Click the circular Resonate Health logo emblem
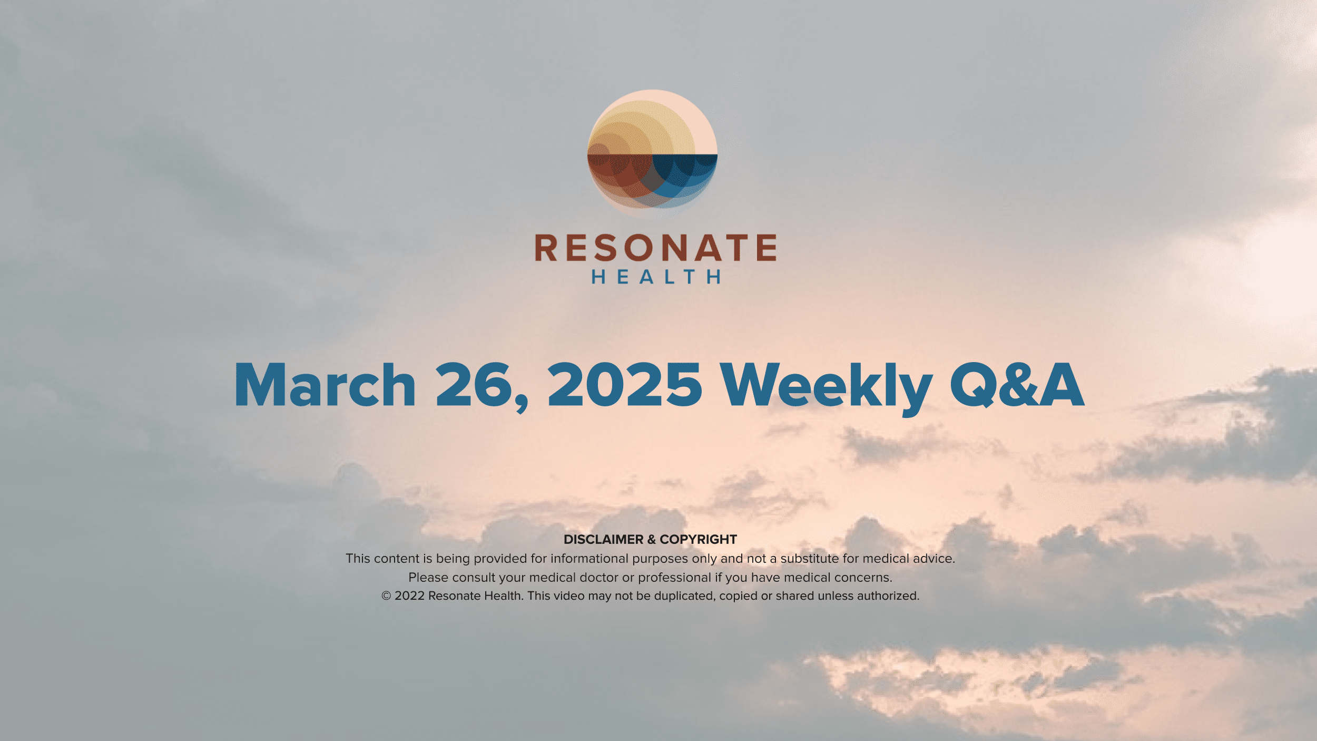point(652,154)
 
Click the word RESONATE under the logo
point(656,248)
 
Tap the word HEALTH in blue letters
point(656,277)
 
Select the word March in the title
point(325,385)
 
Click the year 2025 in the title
point(624,385)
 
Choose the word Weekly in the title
point(825,389)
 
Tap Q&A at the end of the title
point(1017,385)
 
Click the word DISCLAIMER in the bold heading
point(603,539)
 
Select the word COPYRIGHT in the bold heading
point(698,539)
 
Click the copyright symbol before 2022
point(386,596)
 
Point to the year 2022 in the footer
point(409,596)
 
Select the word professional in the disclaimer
point(674,578)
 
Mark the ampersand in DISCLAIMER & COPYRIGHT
point(651,539)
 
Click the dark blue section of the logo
point(685,174)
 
